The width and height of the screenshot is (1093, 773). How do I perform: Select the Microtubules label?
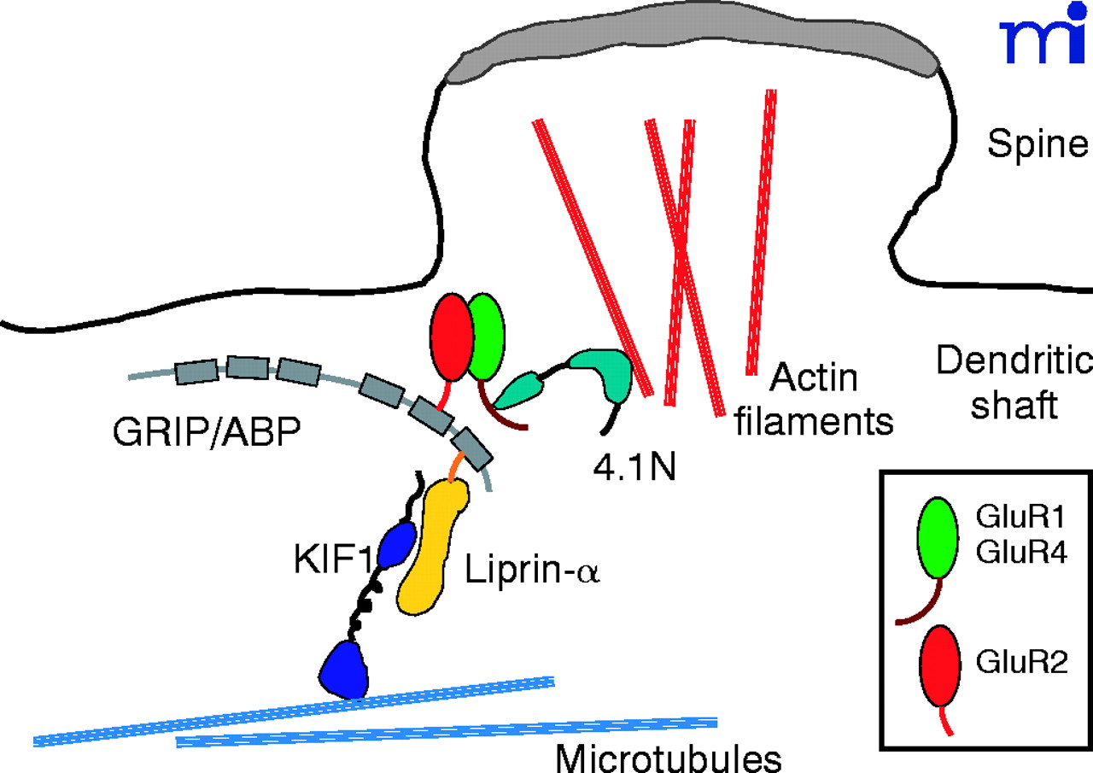[x=669, y=756]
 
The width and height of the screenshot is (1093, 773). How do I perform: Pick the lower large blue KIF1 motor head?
[x=345, y=670]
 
